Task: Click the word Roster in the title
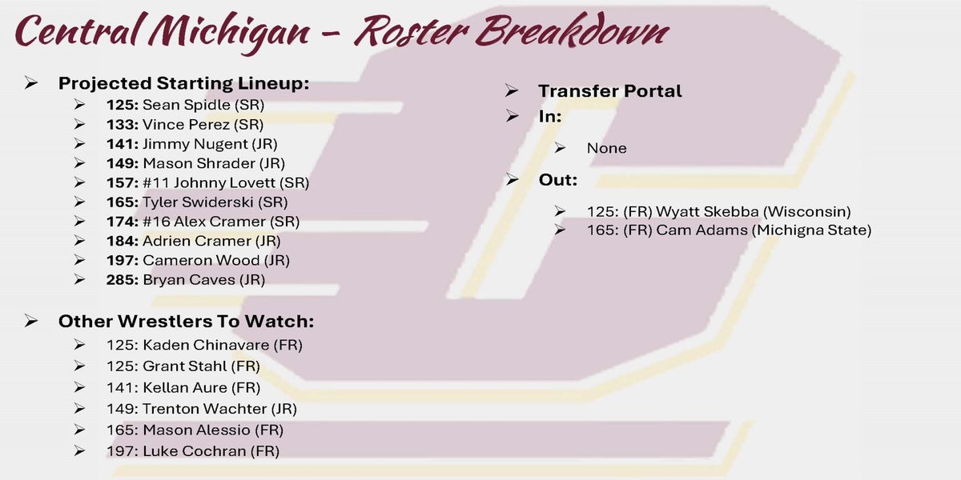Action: coord(411,32)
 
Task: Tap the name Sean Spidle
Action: coord(186,105)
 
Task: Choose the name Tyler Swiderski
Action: coord(198,202)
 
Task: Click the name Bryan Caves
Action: coord(189,280)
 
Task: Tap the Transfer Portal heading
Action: coord(609,91)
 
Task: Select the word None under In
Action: coord(607,148)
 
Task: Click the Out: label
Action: coord(557,180)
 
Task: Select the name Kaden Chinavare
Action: coord(206,345)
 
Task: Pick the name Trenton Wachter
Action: coord(205,409)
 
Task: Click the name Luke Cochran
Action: coord(195,451)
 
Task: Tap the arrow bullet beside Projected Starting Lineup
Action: coord(31,82)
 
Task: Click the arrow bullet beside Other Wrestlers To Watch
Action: coord(31,321)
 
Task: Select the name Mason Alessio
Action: coord(196,430)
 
